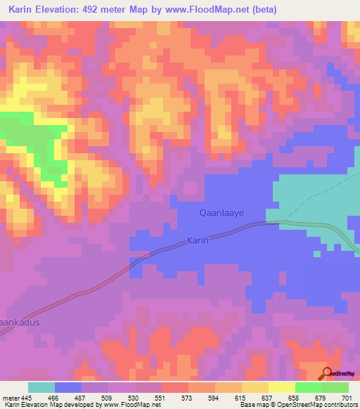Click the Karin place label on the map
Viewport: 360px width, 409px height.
tap(198, 240)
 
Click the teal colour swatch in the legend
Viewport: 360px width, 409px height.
tap(41, 387)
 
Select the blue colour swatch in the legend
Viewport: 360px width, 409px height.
tap(68, 387)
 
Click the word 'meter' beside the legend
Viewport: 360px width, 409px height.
tap(11, 398)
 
